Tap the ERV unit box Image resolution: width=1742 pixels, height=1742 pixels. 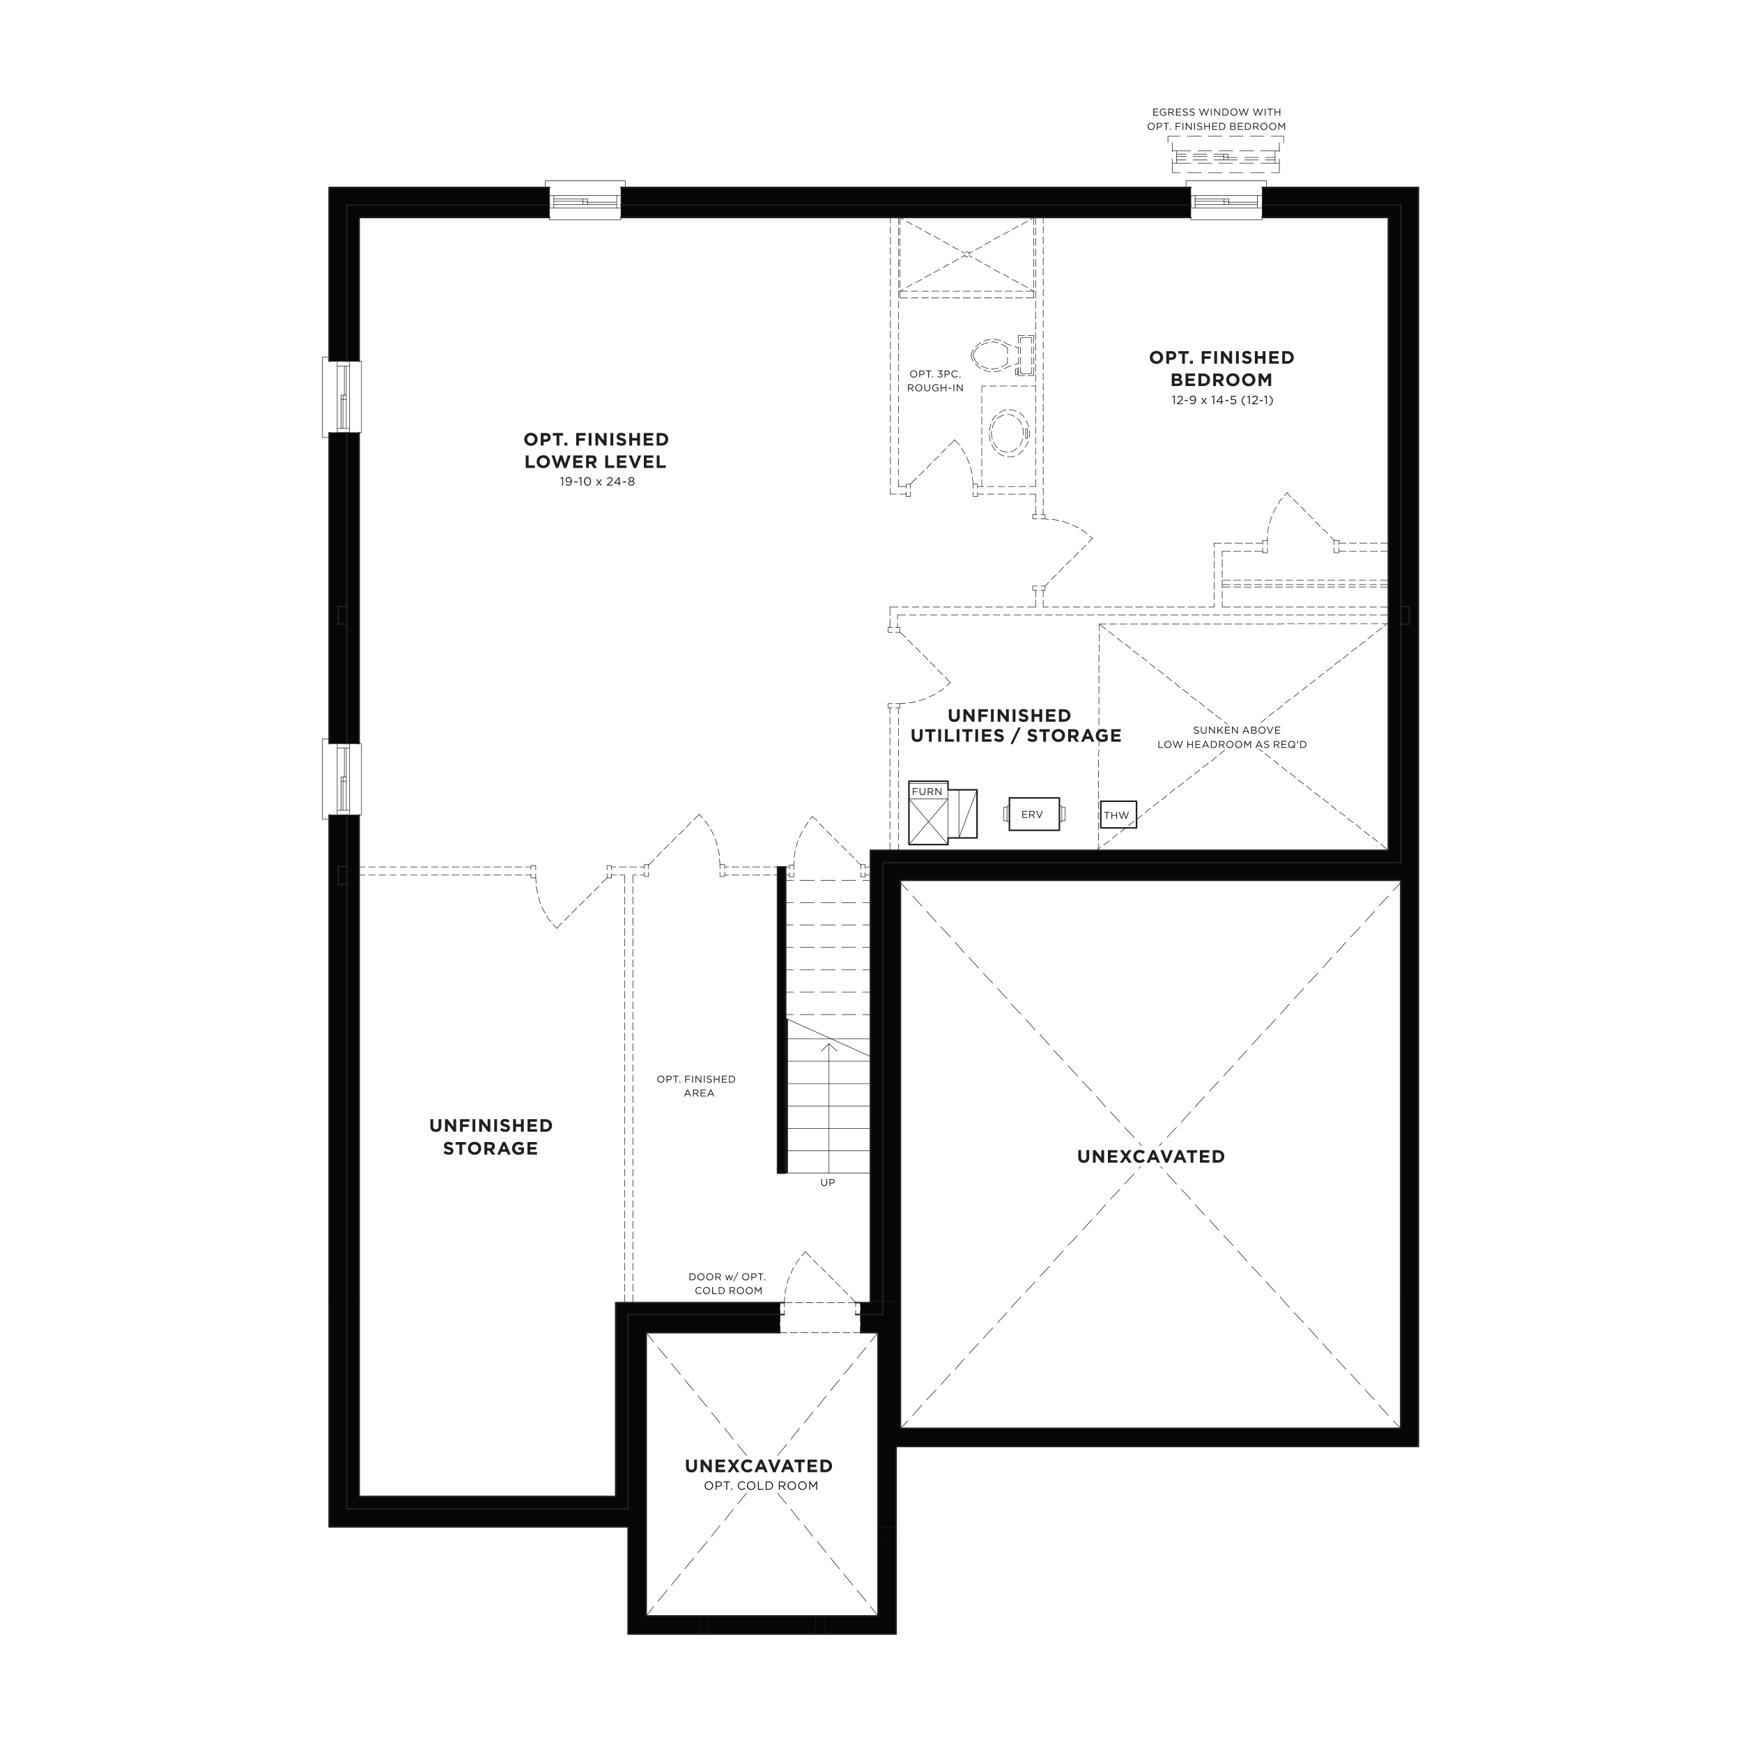click(1033, 814)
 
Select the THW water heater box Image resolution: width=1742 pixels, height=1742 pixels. click(1117, 815)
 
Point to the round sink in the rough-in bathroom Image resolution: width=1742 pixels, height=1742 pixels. click(1008, 432)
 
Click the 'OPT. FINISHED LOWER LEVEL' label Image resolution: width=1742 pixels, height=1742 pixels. click(595, 450)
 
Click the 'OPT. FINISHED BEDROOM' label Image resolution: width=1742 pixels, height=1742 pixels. click(1221, 368)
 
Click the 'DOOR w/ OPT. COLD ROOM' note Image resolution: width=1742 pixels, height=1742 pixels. click(727, 1283)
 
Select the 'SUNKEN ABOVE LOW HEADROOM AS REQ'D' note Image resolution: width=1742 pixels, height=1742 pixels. click(1232, 737)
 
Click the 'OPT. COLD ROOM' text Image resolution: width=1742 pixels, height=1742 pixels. click(761, 1486)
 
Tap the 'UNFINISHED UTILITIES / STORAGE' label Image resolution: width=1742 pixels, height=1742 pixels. click(1015, 726)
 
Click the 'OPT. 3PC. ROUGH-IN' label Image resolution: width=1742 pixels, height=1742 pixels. click(935, 380)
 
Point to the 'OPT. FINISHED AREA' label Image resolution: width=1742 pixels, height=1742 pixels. click(697, 1086)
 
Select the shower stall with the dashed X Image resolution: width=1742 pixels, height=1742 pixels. click(966, 255)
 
